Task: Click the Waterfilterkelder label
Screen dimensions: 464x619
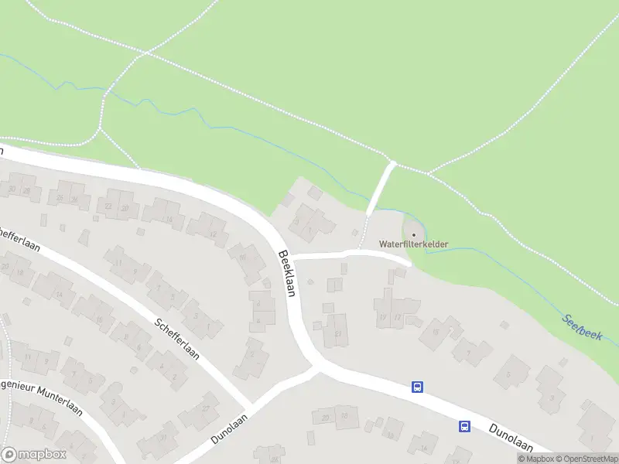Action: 413,244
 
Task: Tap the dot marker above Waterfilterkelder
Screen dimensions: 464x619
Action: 413,234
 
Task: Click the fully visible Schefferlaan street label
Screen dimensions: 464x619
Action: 176,339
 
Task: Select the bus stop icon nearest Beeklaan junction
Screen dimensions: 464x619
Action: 418,386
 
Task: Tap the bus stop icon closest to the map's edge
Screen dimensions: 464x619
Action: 465,425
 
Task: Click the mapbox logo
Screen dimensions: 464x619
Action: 32,455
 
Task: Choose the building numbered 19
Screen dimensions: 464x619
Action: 436,333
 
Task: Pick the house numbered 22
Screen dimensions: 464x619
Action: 109,207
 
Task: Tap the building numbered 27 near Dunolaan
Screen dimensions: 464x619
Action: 206,409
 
